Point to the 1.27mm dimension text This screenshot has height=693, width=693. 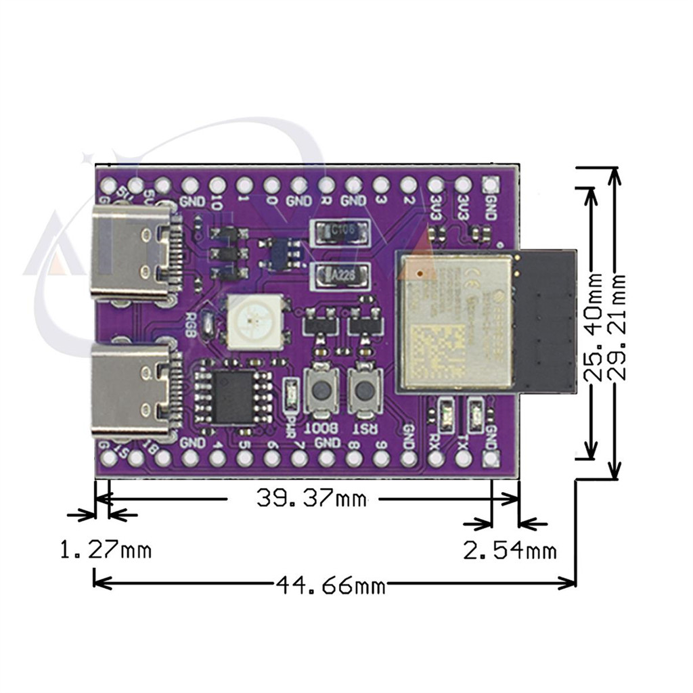(105, 550)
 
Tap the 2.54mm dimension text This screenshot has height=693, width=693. (510, 550)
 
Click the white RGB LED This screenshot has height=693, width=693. (255, 322)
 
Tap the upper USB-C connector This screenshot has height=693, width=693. (132, 253)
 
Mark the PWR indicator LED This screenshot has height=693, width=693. (291, 395)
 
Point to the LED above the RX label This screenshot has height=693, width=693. (447, 411)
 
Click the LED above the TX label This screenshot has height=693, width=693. (476, 411)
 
